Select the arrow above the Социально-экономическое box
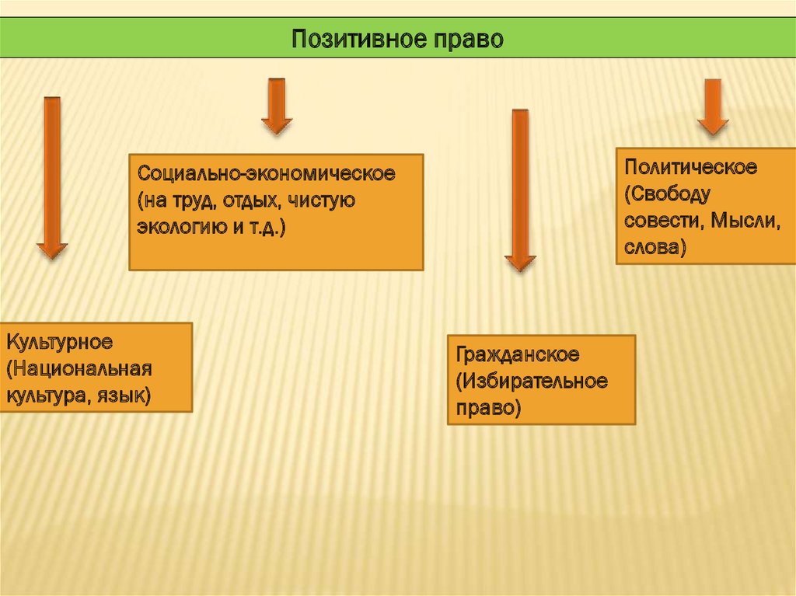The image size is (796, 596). tap(277, 105)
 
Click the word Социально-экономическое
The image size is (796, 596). tap(267, 173)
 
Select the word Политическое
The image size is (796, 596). tap(690, 167)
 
